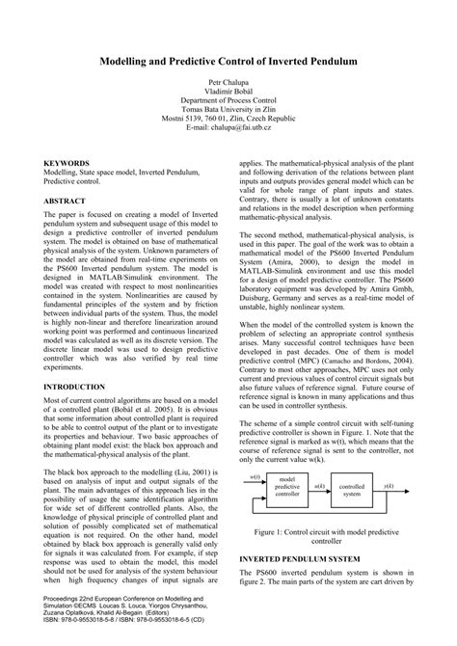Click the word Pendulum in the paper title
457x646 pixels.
(331, 60)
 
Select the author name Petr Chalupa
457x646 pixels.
(228, 85)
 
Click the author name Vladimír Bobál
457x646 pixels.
(228, 94)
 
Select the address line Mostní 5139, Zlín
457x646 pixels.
(228, 116)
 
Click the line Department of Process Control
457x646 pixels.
(228, 105)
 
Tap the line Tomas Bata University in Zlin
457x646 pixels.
(228, 110)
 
